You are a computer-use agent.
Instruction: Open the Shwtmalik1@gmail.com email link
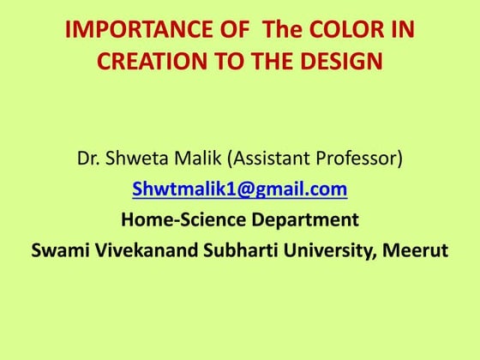point(239,189)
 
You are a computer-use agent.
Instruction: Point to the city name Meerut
point(415,250)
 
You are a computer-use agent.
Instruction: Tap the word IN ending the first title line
point(402,31)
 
